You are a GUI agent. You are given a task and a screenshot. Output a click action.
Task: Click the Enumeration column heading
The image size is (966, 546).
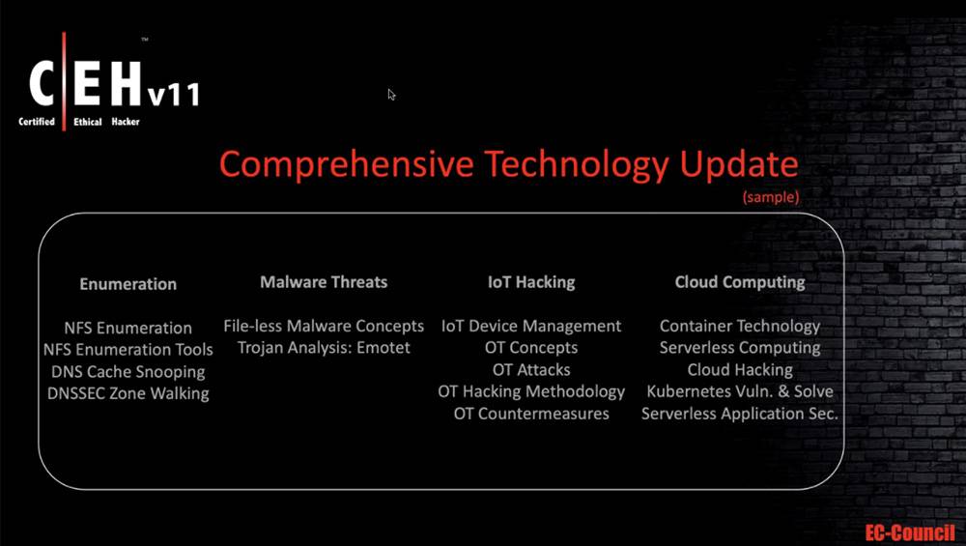pyautogui.click(x=128, y=284)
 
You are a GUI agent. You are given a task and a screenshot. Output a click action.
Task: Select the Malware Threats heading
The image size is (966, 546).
pyautogui.click(x=324, y=282)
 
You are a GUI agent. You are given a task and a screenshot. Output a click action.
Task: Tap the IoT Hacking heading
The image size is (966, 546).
pyautogui.click(x=531, y=282)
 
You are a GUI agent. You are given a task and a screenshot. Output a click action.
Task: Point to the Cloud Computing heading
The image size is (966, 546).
pyautogui.click(x=740, y=283)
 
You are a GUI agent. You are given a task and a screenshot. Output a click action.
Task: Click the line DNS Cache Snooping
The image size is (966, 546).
pyautogui.click(x=128, y=372)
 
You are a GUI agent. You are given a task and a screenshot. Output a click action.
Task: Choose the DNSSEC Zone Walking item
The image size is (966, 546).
pyautogui.click(x=128, y=393)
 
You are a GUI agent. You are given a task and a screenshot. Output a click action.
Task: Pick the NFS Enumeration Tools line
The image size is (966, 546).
pyautogui.click(x=128, y=350)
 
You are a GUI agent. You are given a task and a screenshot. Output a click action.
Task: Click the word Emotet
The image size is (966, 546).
pyautogui.click(x=384, y=348)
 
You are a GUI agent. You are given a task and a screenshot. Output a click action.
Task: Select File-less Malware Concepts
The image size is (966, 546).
pyautogui.click(x=324, y=326)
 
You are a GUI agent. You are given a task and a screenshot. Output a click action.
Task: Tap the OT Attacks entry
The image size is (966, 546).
pyautogui.click(x=531, y=370)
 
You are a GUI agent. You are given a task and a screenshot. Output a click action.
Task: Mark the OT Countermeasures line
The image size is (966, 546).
pyautogui.click(x=531, y=414)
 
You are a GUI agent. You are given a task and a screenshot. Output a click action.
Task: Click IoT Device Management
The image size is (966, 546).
pyautogui.click(x=531, y=326)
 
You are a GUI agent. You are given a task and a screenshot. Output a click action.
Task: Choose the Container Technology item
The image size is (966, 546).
pyautogui.click(x=740, y=327)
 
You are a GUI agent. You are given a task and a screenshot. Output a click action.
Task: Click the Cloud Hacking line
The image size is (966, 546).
pyautogui.click(x=740, y=370)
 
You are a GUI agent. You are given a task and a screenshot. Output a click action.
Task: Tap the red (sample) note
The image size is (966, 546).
pyautogui.click(x=771, y=197)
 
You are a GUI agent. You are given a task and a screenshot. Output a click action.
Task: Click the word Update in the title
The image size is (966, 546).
pyautogui.click(x=739, y=164)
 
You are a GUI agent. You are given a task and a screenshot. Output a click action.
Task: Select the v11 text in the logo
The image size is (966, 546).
pyautogui.click(x=173, y=95)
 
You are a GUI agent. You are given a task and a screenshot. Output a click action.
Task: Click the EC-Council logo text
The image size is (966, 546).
pyautogui.click(x=910, y=532)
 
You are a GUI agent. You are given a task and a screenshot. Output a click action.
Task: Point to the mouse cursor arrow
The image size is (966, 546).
pyautogui.click(x=391, y=95)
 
